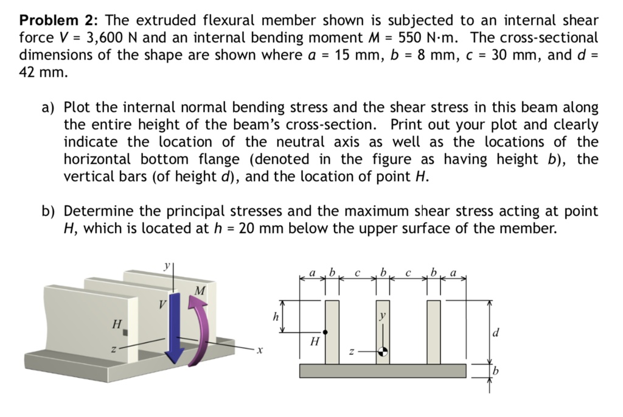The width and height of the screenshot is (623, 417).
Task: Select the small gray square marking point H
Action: (125, 332)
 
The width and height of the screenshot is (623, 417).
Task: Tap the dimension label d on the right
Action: (496, 333)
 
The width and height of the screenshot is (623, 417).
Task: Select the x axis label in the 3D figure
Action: (259, 351)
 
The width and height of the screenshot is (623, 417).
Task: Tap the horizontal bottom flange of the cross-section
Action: (383, 371)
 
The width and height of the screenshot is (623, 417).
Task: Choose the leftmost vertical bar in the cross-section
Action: (332, 332)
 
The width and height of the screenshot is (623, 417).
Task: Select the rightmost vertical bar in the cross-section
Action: (433, 332)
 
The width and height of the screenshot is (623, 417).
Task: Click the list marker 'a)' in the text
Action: (49, 108)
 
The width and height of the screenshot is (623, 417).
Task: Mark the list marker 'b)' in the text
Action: (49, 212)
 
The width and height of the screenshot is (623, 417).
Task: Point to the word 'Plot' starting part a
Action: (78, 108)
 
